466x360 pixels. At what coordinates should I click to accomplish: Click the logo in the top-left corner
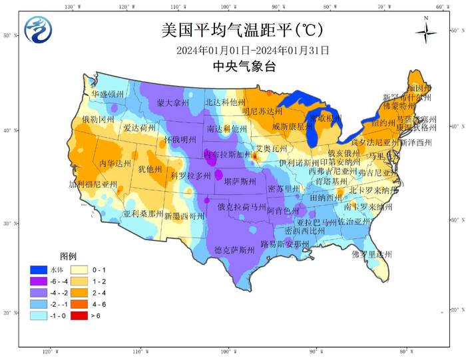tap(38, 29)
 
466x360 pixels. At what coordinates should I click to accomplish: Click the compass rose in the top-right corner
tap(426, 31)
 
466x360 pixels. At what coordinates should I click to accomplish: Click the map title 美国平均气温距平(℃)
tap(233, 30)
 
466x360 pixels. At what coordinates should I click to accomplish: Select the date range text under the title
tap(253, 50)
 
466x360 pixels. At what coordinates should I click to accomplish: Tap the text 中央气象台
tap(244, 66)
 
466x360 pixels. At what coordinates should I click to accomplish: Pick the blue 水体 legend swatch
tap(39, 270)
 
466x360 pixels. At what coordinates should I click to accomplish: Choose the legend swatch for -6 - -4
tap(39, 280)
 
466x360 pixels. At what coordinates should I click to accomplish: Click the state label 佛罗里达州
tap(372, 254)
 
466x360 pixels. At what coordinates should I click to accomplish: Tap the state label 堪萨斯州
tap(239, 181)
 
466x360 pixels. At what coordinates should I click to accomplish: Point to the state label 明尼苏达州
tap(263, 111)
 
